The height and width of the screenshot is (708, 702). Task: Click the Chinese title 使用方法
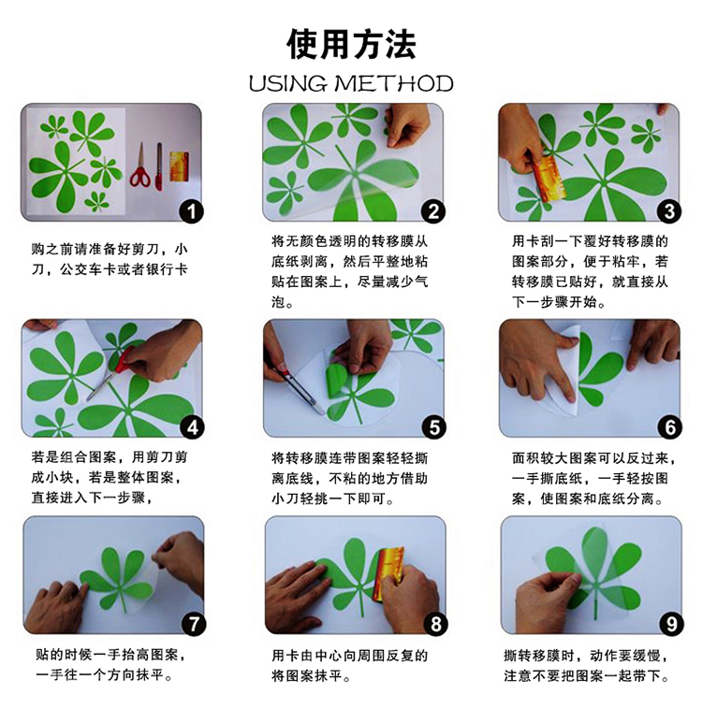click(351, 45)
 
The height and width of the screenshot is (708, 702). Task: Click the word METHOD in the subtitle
click(393, 84)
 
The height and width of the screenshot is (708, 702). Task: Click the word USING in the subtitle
click(287, 84)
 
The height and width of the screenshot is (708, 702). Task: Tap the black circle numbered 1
click(192, 211)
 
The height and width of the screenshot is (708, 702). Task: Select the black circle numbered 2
click(432, 211)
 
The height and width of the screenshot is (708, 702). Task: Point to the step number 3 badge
click(669, 211)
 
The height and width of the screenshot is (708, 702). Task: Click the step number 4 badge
click(193, 427)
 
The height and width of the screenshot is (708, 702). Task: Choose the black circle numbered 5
click(433, 427)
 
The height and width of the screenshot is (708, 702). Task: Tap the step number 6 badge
click(670, 427)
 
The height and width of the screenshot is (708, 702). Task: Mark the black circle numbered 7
click(194, 624)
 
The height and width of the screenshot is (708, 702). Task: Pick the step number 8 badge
click(435, 624)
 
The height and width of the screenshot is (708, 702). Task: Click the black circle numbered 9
click(671, 624)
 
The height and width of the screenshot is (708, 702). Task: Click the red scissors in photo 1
click(140, 166)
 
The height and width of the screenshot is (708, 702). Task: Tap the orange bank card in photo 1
click(179, 166)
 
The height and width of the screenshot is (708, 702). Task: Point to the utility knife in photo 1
click(158, 166)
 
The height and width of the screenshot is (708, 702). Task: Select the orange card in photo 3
click(547, 179)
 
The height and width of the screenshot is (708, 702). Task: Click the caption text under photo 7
click(111, 665)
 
